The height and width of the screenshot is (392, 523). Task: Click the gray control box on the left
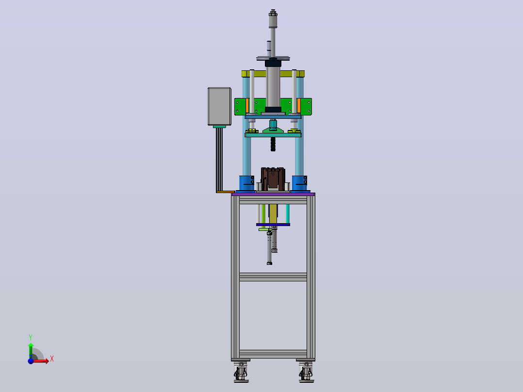219,106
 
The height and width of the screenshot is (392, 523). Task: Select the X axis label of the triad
52,359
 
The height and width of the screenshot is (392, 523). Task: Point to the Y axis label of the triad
31,338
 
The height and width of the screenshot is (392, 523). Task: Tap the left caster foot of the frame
241,372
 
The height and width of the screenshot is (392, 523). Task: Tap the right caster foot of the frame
306,372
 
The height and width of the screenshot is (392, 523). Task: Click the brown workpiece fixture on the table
273,179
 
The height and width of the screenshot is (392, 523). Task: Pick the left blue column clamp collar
247,183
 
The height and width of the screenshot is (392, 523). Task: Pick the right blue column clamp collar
299,183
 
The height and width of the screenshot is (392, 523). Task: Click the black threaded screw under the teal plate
273,144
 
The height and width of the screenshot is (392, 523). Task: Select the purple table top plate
273,194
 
